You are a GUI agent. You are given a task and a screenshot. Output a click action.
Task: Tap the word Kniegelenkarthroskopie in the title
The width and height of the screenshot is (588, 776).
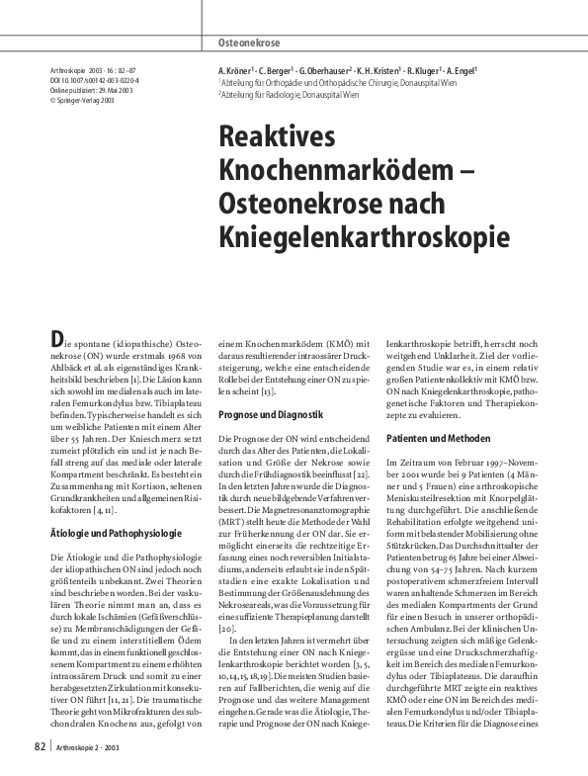[364, 235]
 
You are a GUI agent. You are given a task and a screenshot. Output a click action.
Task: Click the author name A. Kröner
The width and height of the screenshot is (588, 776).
[237, 72]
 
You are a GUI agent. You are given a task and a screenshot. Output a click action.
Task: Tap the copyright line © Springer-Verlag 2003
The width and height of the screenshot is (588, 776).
[86, 101]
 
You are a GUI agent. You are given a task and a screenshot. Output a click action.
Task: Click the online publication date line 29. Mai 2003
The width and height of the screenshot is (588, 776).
[95, 91]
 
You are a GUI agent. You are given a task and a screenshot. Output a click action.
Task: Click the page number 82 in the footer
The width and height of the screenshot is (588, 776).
[40, 745]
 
